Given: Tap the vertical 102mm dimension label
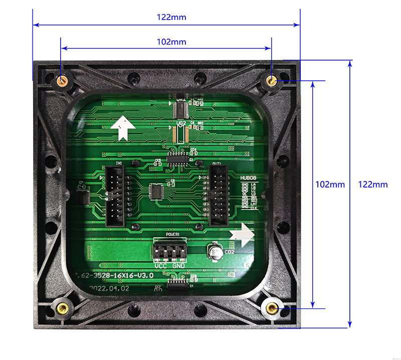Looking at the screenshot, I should (x=330, y=184).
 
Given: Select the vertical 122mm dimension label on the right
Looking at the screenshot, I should (x=373, y=184).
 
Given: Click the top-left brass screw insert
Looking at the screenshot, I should (x=63, y=81).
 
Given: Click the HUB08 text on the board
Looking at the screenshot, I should (x=248, y=177).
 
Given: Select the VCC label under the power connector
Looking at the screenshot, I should (x=161, y=265).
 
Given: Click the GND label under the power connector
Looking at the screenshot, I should (x=178, y=265).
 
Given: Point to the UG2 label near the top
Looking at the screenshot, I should (x=181, y=122).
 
